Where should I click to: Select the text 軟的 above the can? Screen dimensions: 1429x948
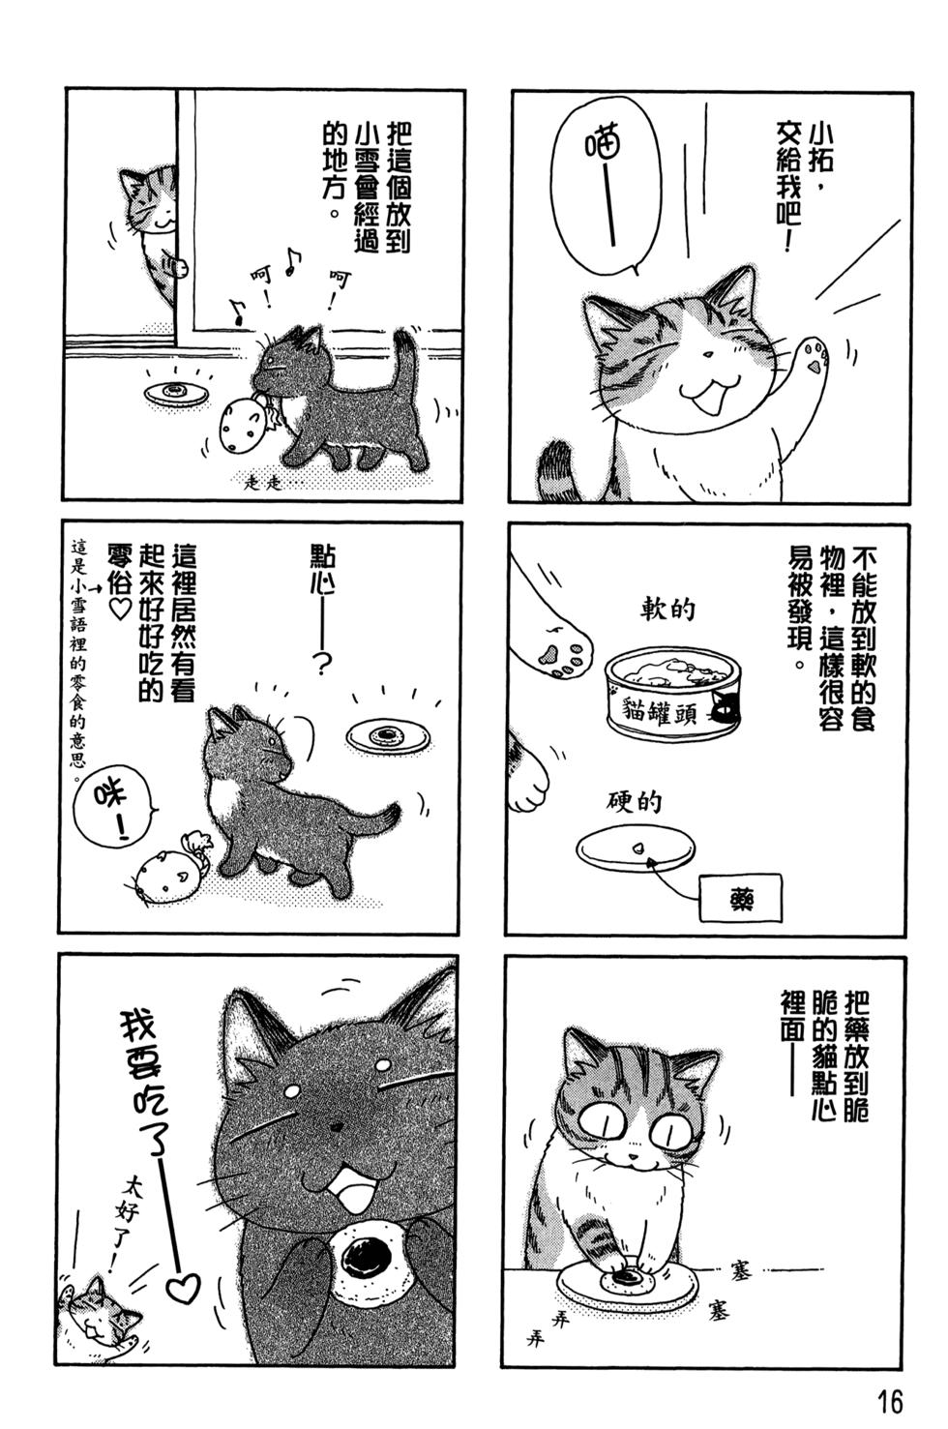point(667,610)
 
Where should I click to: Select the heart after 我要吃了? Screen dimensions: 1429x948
point(183,1286)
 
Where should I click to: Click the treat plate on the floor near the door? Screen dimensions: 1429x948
point(177,394)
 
